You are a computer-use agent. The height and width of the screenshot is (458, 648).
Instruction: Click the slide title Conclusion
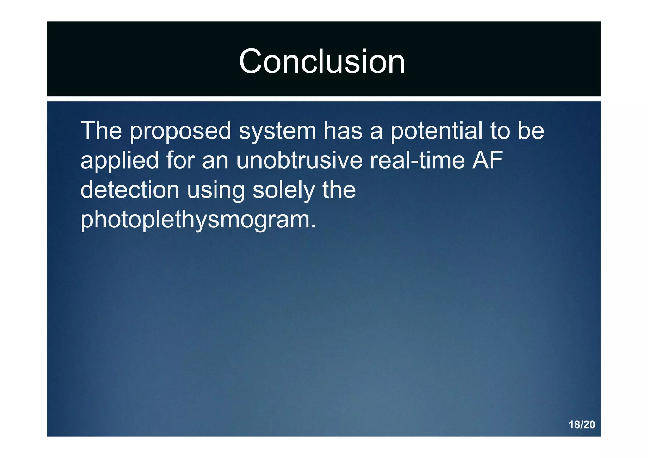[322, 61]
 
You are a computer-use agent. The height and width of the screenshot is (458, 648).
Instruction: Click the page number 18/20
[582, 424]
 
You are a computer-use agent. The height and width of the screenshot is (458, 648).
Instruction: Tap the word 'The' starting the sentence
[101, 130]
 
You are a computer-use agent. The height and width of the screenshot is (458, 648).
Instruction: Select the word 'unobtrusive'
[299, 160]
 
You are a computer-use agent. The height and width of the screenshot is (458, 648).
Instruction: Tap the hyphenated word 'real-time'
[417, 160]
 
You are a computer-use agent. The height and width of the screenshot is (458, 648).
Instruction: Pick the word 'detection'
[130, 190]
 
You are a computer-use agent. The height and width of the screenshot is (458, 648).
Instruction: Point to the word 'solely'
[283, 190]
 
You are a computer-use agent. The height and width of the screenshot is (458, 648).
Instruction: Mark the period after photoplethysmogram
[313, 226]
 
